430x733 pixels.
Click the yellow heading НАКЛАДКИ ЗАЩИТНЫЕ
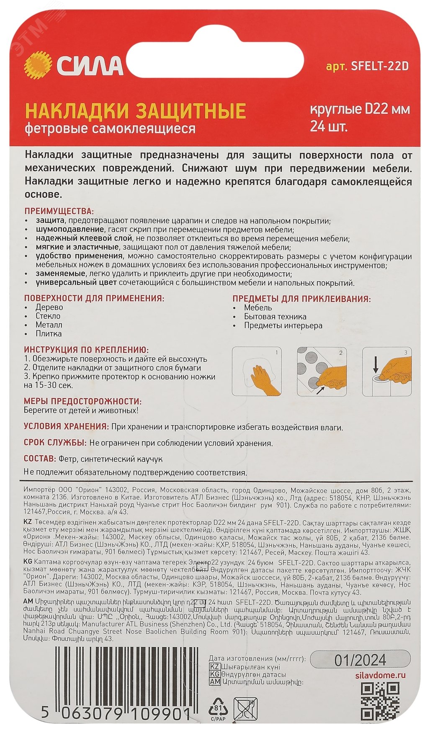[x=135, y=111]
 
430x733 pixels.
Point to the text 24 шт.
[x=329, y=126]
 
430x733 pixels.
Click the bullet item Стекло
[x=48, y=316]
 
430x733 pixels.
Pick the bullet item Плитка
[x=49, y=334]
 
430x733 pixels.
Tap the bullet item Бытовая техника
[x=275, y=317]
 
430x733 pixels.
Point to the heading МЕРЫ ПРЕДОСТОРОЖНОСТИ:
[x=82, y=401]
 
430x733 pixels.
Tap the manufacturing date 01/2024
[x=360, y=661]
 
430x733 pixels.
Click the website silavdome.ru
[x=377, y=675]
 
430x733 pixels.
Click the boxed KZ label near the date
[x=215, y=667]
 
